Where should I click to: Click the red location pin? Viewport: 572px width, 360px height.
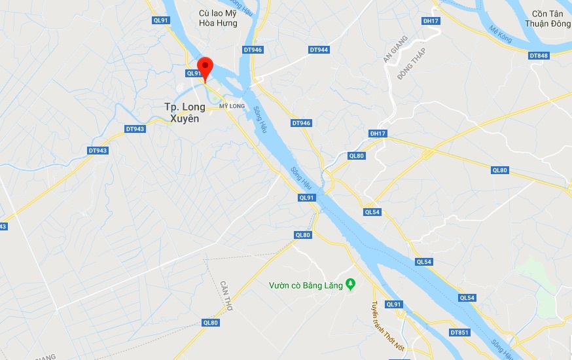pyautogui.click(x=206, y=68)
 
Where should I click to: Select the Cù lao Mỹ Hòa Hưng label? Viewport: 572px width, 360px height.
pyautogui.click(x=218, y=18)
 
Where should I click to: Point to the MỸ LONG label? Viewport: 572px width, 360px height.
pyautogui.click(x=232, y=106)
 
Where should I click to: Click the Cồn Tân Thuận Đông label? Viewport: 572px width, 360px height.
pyautogui.click(x=548, y=18)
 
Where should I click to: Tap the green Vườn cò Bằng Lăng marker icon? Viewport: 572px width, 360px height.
pyautogui.click(x=350, y=284)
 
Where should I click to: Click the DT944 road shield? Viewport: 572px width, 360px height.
pyautogui.click(x=319, y=50)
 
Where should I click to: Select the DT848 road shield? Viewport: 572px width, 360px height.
pyautogui.click(x=539, y=56)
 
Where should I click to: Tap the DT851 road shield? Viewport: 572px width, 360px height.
pyautogui.click(x=459, y=333)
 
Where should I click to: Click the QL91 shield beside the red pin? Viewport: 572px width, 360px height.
pyautogui.click(x=194, y=73)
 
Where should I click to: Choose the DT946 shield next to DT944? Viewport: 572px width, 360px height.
pyautogui.click(x=253, y=50)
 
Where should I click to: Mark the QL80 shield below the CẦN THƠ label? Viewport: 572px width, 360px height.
pyautogui.click(x=210, y=322)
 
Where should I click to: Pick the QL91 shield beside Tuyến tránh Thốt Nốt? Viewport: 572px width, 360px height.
pyautogui.click(x=393, y=304)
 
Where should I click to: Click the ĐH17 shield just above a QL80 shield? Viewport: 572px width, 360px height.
pyautogui.click(x=378, y=134)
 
